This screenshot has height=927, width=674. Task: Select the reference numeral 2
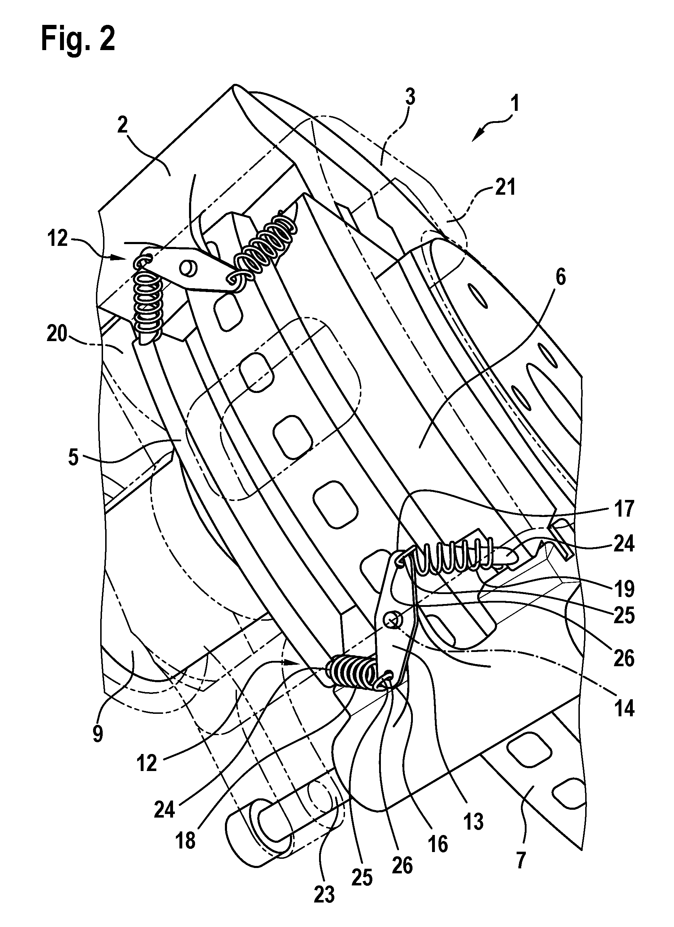[x=122, y=125]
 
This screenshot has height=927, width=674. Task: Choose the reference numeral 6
[x=560, y=278]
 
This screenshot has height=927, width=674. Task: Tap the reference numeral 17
[x=624, y=509]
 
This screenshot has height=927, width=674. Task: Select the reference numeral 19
[x=624, y=589]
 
